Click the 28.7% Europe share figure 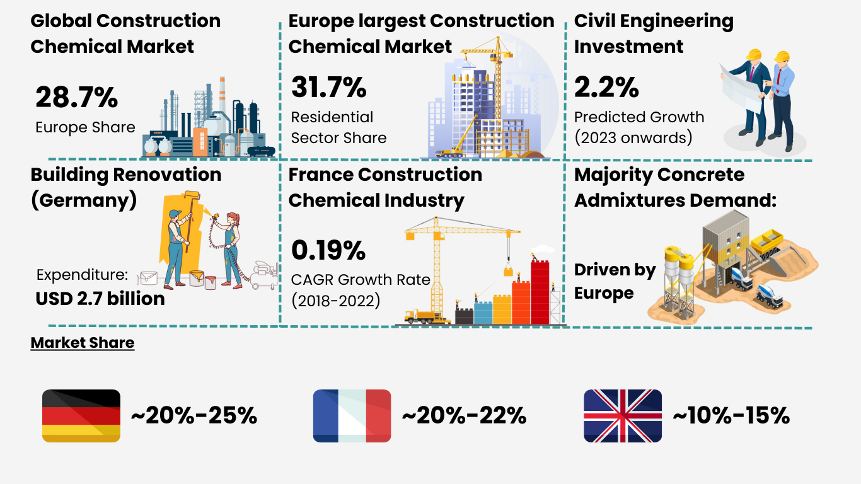tap(76, 98)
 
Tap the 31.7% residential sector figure tap(328, 88)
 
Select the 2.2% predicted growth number tap(606, 88)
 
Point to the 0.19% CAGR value tap(328, 251)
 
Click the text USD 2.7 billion tap(100, 298)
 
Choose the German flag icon tap(81, 416)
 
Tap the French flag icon tap(352, 416)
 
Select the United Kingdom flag tap(623, 416)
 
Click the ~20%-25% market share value tap(194, 416)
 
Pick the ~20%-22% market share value tap(463, 416)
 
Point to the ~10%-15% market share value tap(731, 416)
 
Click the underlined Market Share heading tap(82, 343)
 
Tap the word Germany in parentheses tap(84, 200)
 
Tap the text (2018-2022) tap(335, 301)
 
